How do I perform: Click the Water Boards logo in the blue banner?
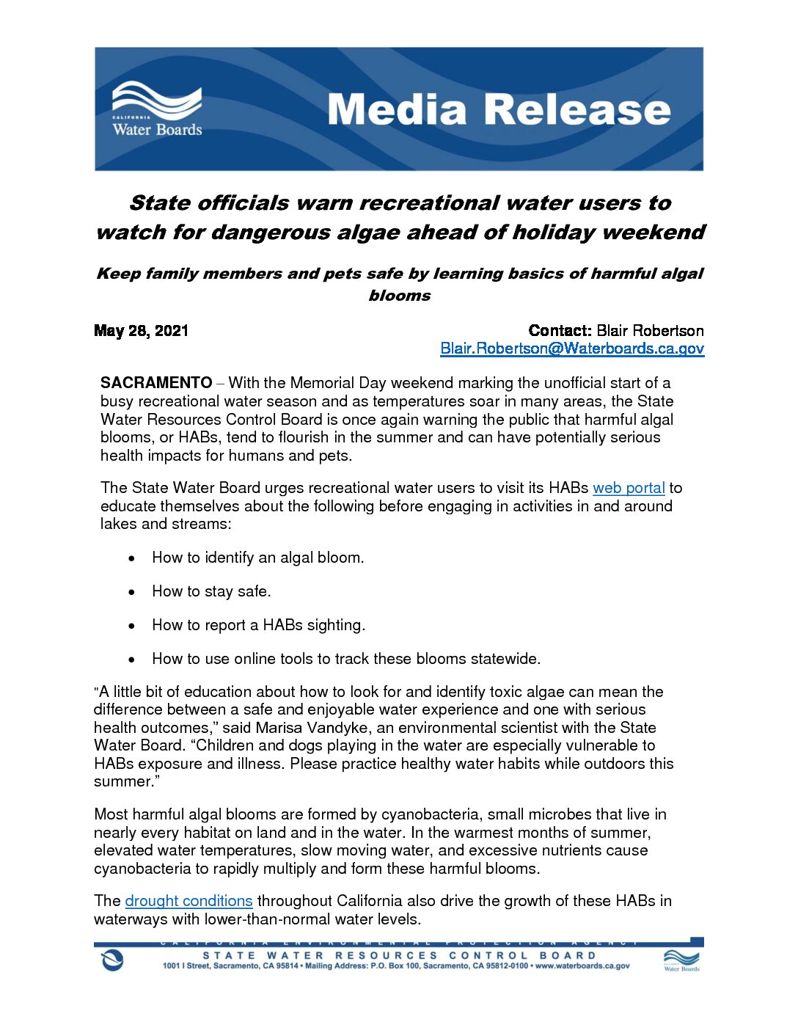157,110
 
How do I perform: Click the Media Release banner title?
499,110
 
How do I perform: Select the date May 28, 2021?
142,331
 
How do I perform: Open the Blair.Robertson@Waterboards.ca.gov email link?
572,348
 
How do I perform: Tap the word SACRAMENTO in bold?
156,383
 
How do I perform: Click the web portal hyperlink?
629,488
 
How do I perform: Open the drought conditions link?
188,901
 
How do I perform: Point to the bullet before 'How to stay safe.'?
131,592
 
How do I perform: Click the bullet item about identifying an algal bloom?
257,558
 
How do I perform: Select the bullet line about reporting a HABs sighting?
258,625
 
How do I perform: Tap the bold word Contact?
560,331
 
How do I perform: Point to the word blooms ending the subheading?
400,296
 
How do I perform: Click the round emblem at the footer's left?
112,960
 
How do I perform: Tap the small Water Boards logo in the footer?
681,960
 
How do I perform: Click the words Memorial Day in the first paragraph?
337,383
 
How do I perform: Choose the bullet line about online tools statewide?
346,659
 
